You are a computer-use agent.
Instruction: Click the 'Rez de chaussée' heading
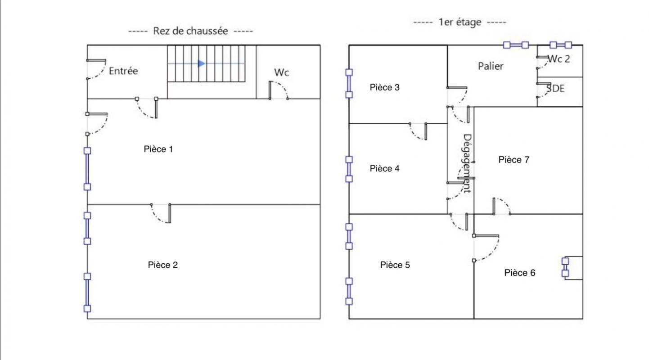point(190,31)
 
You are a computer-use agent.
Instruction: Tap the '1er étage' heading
point(460,22)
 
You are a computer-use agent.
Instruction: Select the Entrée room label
point(123,71)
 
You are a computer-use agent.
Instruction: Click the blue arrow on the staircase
point(201,63)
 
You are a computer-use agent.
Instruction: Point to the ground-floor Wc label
point(281,72)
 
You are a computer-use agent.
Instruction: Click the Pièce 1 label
point(158,149)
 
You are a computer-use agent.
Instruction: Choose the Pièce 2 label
point(162,265)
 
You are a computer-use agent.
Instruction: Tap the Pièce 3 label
point(384,87)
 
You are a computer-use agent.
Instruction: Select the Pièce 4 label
point(384,168)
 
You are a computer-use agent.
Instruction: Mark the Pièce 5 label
point(395,265)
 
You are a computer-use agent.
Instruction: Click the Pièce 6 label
point(520,273)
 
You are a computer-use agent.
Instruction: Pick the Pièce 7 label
point(514,159)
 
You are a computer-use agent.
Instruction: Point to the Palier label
point(490,66)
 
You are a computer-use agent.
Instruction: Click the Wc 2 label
point(559,59)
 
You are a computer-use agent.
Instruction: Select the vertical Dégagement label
point(467,163)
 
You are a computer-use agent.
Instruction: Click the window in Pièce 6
point(565,267)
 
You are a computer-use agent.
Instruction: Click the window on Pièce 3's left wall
point(349,83)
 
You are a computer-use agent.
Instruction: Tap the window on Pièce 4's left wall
point(349,169)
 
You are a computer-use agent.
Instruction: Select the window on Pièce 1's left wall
point(87,169)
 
